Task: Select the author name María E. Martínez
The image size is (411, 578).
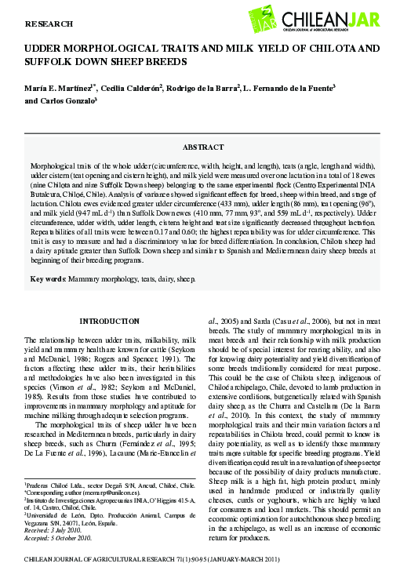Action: tap(57, 86)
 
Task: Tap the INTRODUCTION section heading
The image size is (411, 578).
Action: tap(111, 322)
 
